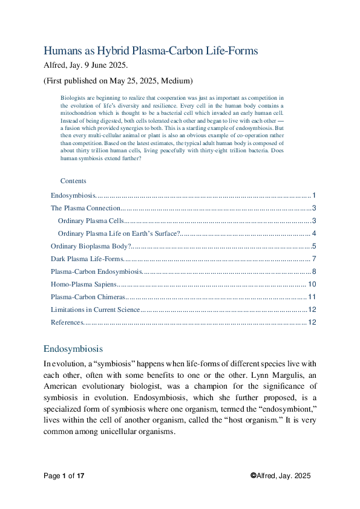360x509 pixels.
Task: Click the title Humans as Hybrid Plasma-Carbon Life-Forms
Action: point(151,51)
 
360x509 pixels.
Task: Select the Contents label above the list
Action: point(73,181)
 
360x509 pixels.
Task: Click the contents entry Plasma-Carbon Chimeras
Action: point(88,297)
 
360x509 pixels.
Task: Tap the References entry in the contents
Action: point(67,322)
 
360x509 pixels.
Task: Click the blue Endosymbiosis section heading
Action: point(73,349)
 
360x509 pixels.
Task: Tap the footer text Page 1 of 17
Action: point(64,476)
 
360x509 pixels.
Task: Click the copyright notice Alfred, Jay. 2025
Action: point(281,476)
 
